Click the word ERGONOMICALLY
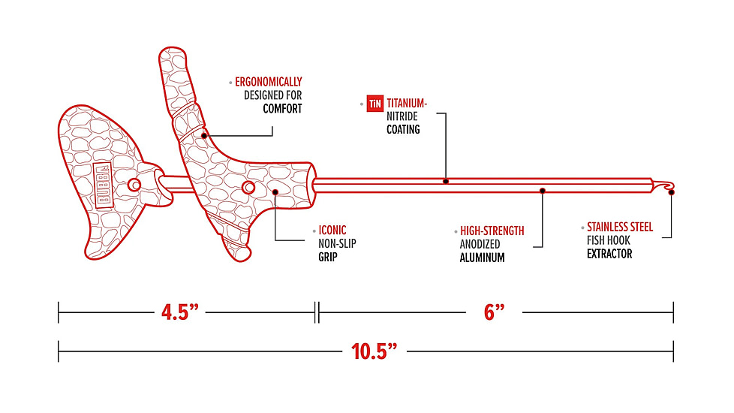tap(268, 82)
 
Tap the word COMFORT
tap(282, 109)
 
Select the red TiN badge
tap(375, 104)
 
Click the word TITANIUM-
tap(407, 103)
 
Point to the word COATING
tap(403, 129)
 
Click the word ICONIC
tap(332, 231)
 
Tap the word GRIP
tap(328, 257)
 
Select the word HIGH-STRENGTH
tap(492, 231)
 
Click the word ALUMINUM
tap(482, 258)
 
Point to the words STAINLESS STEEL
tap(620, 227)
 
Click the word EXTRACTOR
tap(609, 254)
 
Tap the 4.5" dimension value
tap(180, 312)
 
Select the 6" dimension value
tap(494, 312)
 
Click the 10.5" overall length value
tap(374, 351)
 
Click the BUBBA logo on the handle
tap(103, 185)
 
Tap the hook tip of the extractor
tap(671, 192)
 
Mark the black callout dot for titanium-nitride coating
tap(446, 181)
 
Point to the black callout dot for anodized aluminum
tap(542, 191)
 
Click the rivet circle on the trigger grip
tap(248, 188)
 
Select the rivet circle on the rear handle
tap(135, 185)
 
